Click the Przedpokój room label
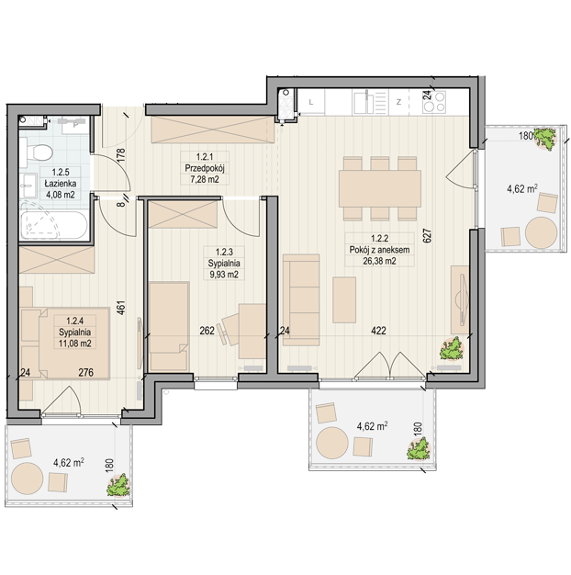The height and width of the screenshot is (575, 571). pos(205,168)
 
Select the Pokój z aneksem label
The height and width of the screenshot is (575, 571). pos(379,250)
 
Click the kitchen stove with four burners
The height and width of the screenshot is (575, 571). pos(434,102)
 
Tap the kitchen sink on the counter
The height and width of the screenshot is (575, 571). pos(364,102)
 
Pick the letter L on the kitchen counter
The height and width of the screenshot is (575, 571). pos(311,102)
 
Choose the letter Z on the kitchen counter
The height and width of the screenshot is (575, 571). pos(398,102)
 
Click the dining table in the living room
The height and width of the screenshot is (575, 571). pos(380,188)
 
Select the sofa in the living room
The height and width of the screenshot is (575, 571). pos(301,300)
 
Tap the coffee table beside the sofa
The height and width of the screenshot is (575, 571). pos(344,299)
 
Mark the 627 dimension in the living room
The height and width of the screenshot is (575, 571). pos(427,236)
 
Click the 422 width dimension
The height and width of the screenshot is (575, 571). pos(378,331)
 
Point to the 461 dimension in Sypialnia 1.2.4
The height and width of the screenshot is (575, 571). pos(121,308)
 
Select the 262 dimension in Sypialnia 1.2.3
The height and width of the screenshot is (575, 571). pos(207,331)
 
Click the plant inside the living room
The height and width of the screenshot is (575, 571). pos(452,348)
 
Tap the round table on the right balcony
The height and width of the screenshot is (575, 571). pos(541,232)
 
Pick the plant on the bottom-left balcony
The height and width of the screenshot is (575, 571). pos(118,485)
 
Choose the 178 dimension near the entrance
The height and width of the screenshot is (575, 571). pos(121,154)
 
